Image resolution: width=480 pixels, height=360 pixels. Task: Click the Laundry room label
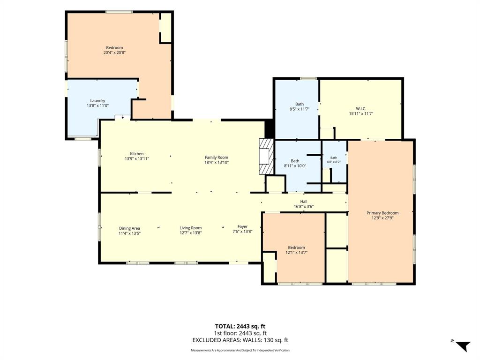[97, 101]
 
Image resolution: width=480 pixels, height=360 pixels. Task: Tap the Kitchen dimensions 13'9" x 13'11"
[137, 159]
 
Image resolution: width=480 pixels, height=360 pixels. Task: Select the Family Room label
[217, 157]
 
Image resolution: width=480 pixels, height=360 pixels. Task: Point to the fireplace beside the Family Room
[266, 157]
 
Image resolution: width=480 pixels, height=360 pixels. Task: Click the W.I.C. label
[361, 109]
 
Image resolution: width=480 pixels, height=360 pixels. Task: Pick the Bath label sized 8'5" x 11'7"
[300, 104]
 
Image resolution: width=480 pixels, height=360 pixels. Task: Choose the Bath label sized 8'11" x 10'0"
[295, 161]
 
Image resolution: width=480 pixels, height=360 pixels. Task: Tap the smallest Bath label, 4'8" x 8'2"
[334, 158]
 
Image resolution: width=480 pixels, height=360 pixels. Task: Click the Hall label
[304, 202]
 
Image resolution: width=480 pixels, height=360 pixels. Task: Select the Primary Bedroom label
[382, 213]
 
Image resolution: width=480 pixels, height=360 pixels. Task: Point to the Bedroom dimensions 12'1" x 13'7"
[296, 253]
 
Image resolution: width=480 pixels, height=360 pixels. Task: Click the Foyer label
[242, 226]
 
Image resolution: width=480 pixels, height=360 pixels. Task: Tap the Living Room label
[190, 228]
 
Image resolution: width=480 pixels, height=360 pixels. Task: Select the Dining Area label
[129, 228]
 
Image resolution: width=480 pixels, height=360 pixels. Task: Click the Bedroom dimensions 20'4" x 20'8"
[114, 52]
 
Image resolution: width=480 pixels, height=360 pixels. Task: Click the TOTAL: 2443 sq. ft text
[240, 326]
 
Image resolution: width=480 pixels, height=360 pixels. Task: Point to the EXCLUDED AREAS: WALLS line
[240, 340]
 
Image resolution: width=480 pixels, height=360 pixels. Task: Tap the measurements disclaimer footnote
[240, 350]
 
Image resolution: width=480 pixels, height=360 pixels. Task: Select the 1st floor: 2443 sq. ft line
[240, 333]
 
